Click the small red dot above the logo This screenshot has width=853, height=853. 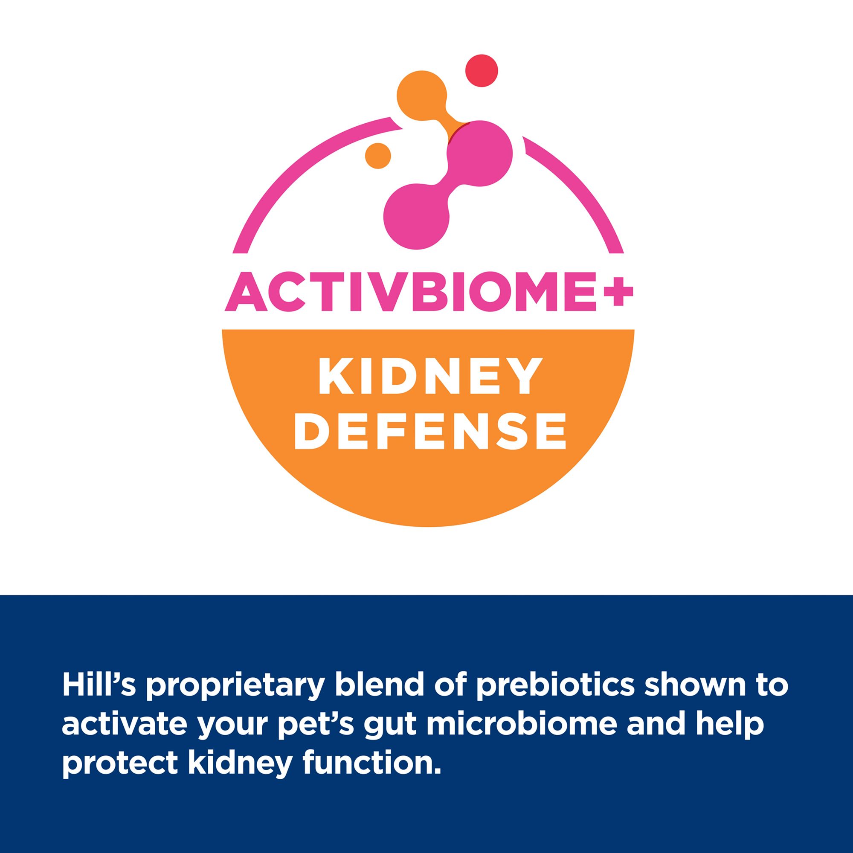[482, 70]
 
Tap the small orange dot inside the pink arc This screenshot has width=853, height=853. [378, 155]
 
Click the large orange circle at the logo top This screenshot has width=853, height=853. [422, 95]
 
